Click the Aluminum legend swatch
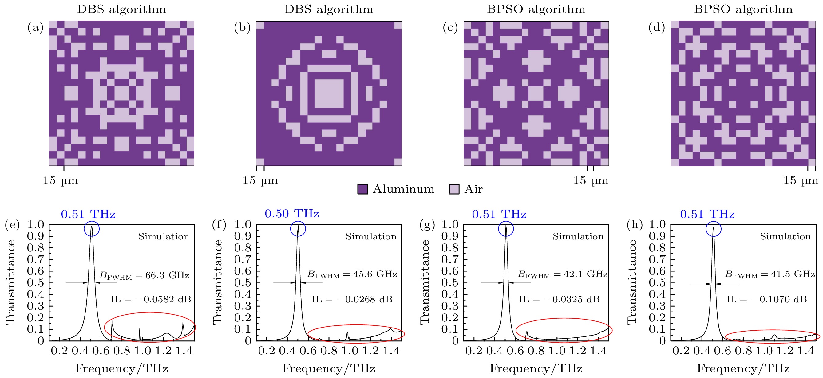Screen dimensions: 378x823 coord(362,189)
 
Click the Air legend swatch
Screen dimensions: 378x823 coord(454,189)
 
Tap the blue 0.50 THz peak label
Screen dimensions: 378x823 coord(292,214)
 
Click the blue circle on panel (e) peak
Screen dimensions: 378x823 coord(92,229)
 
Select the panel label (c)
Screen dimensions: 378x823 coord(450,28)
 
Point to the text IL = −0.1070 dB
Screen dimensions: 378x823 coord(766,299)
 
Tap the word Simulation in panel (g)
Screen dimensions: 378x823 coord(578,237)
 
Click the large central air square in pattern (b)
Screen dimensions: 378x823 coord(329,93)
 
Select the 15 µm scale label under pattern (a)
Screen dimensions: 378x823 coord(60,181)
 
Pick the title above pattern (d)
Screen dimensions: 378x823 coord(743,9)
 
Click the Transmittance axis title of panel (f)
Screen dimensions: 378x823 coord(218,282)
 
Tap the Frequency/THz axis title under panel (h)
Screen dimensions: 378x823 coord(743,369)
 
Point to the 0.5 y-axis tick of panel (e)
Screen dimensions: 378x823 coord(36,283)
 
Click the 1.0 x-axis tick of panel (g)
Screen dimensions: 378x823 coord(557,351)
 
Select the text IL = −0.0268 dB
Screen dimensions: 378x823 coord(352,299)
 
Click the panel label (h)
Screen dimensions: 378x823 coord(634,225)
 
